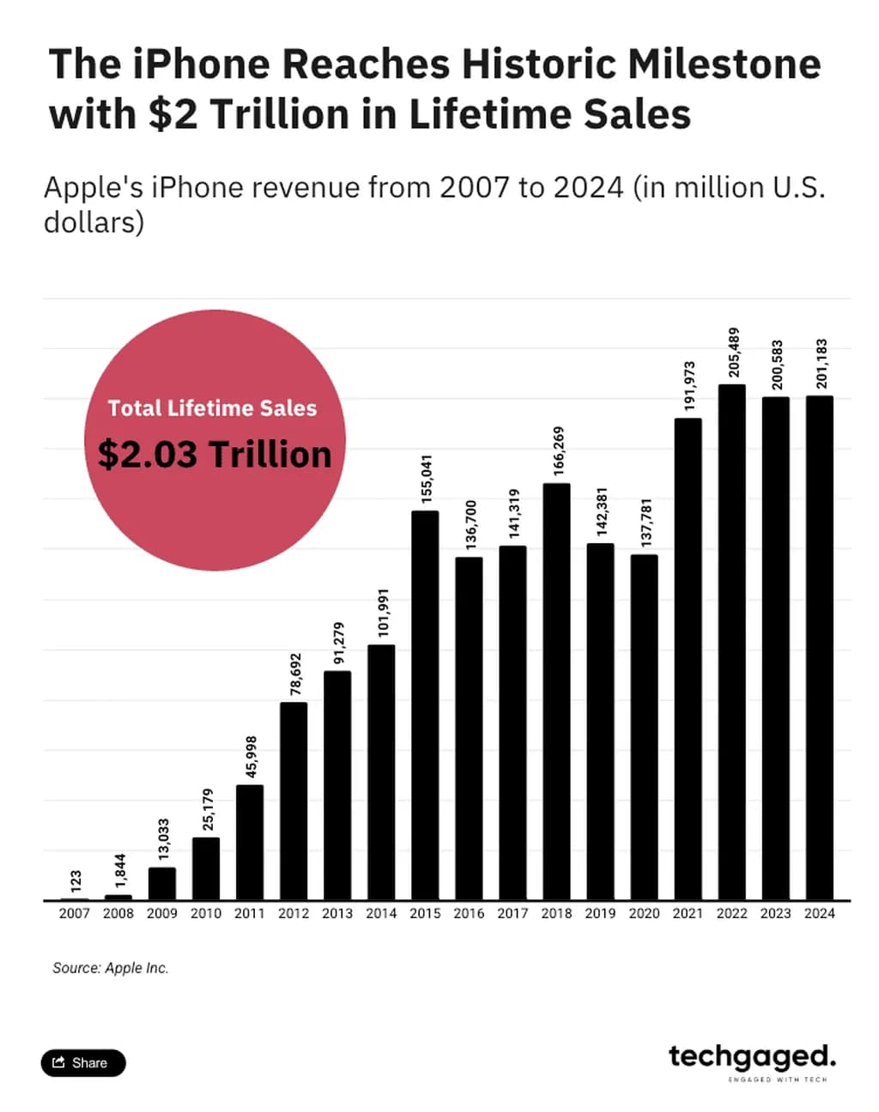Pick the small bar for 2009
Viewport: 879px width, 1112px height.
(x=162, y=884)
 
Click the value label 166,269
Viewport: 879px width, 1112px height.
(x=559, y=451)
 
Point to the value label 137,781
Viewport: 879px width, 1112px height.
(x=646, y=523)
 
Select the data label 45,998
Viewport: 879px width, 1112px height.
(x=251, y=757)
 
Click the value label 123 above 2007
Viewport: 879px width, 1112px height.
(x=76, y=881)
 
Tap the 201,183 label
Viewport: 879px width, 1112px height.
(x=821, y=364)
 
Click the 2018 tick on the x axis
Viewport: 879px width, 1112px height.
(x=556, y=914)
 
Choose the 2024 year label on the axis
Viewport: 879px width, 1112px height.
(x=819, y=914)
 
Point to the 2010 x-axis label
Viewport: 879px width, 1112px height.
(x=206, y=914)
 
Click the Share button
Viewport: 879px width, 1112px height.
(x=83, y=1063)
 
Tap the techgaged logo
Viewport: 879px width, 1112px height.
(x=752, y=1059)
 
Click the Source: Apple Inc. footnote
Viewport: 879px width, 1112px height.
(x=111, y=968)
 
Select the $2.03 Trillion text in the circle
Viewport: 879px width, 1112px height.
(x=215, y=454)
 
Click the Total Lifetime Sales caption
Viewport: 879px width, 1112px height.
(x=212, y=408)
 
